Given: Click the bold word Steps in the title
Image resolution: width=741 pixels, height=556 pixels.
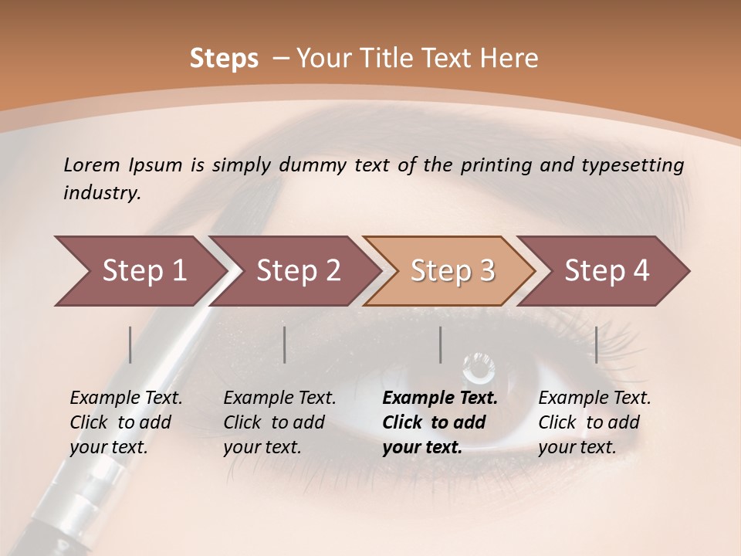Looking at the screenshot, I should (x=224, y=59).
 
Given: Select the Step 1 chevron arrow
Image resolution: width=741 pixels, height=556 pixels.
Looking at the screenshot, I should (x=139, y=271).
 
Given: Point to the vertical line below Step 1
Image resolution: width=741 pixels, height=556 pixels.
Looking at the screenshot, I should (x=130, y=344).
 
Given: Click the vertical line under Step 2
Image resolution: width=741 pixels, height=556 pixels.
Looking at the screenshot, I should (x=285, y=344).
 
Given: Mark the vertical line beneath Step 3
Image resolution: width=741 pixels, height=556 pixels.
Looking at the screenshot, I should (x=440, y=344).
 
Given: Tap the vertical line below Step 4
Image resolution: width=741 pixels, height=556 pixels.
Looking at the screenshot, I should (x=596, y=344).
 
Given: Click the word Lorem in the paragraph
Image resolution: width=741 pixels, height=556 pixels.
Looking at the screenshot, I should (x=92, y=165).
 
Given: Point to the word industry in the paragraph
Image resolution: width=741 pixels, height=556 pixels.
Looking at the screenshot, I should (x=101, y=193).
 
